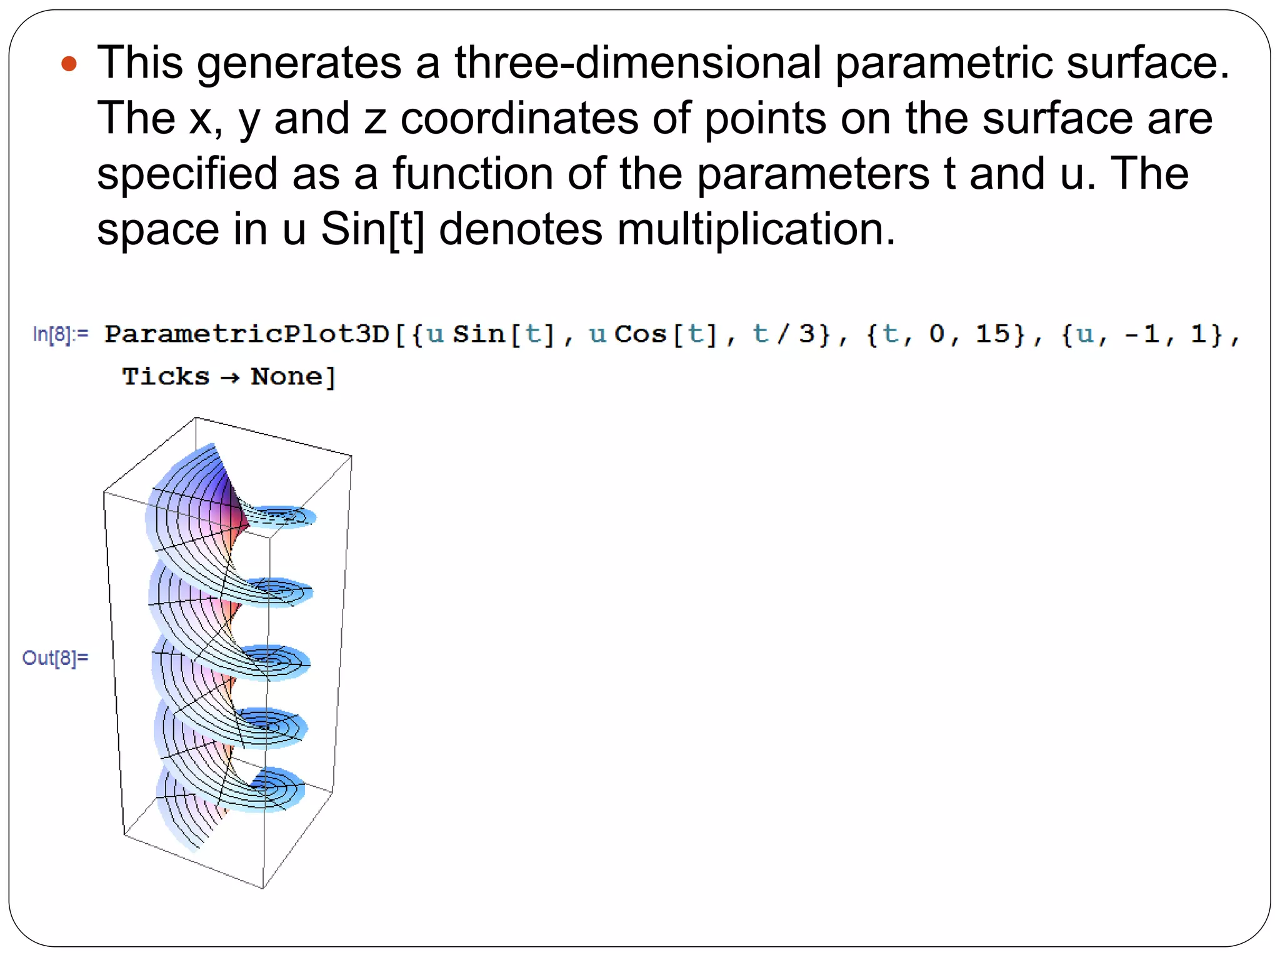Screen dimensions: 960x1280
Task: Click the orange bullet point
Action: point(69,64)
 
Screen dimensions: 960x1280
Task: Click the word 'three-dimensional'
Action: point(637,62)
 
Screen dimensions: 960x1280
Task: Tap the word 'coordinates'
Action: point(519,118)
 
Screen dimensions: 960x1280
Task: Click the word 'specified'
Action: point(187,174)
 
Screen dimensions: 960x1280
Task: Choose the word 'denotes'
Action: point(521,229)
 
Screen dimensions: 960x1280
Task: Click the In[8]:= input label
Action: point(61,334)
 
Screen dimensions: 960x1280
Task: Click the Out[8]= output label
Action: point(55,657)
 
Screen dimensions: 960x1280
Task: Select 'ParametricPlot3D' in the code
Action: point(247,334)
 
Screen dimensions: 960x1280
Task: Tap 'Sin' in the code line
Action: point(479,334)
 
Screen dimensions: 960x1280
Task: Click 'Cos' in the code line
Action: point(641,334)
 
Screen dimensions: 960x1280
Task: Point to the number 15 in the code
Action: point(992,334)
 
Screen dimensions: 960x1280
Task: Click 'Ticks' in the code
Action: point(166,377)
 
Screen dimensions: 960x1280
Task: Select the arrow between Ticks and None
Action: point(230,378)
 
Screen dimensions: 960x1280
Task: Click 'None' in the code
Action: point(287,377)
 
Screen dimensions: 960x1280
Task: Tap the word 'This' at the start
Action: point(141,62)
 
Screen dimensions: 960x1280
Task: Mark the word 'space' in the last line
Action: point(158,230)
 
